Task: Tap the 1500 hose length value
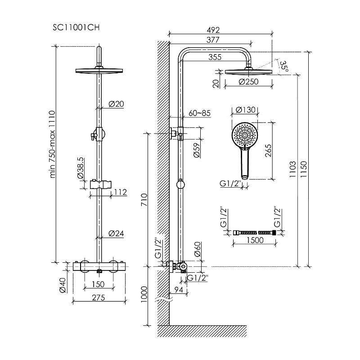click(255, 241)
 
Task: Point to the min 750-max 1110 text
click(53, 144)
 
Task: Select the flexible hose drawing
click(254, 232)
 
